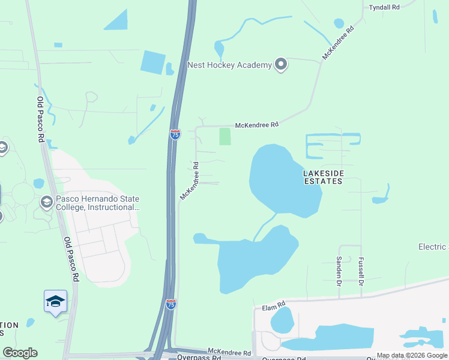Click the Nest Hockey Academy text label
tap(230, 65)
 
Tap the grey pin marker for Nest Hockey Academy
tap(280, 65)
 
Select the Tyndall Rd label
tap(384, 7)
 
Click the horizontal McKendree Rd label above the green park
tap(257, 125)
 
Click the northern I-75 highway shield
tap(175, 134)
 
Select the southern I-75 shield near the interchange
tap(171, 304)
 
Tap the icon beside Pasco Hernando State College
tap(46, 203)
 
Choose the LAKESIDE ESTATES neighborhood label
tap(324, 176)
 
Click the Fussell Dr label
tap(361, 271)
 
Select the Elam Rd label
tap(273, 307)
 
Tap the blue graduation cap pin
tap(55, 302)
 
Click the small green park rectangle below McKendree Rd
tap(225, 136)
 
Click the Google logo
tap(20, 353)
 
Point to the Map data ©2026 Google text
tap(412, 356)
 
